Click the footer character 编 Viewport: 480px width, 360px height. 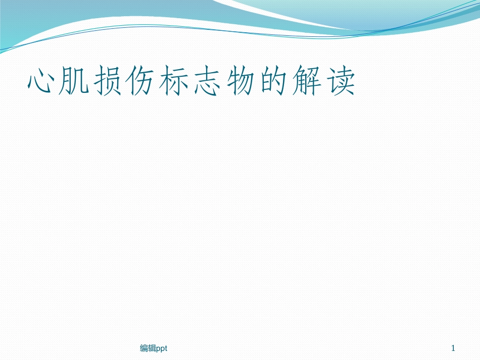point(143,348)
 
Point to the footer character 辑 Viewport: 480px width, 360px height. point(152,348)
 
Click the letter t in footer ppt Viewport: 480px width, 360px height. point(167,348)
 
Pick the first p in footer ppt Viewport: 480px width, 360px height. point(158,348)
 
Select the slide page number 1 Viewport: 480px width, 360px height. point(453,348)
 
